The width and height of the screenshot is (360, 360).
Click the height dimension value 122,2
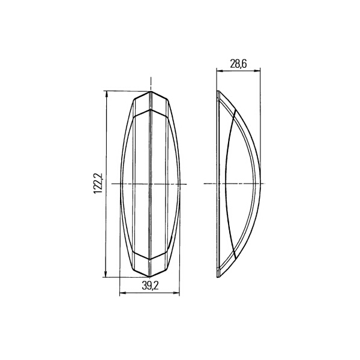99,183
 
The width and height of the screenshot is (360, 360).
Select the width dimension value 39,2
150,286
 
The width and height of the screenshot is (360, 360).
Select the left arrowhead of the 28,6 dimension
219,71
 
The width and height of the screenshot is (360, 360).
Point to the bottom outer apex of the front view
150,278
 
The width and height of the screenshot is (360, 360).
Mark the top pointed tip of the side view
218,91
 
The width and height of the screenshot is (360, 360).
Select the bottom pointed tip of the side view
218,278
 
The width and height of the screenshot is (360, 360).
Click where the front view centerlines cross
150,184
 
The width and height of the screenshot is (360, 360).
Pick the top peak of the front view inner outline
150,109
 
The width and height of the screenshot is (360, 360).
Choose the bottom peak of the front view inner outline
150,259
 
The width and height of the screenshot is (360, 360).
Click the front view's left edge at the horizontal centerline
121,184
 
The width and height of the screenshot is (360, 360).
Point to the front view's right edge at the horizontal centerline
180,184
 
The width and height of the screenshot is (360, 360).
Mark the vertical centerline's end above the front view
150,78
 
